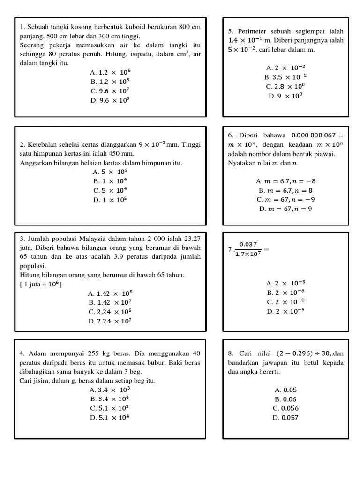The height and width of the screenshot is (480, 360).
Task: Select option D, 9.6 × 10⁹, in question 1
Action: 110,100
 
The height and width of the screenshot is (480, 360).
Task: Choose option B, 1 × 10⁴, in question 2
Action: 110,181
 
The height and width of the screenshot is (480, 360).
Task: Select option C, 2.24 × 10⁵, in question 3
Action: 110,312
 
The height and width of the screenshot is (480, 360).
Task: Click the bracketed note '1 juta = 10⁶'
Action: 41,285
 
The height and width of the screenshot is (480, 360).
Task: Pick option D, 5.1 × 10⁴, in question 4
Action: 110,417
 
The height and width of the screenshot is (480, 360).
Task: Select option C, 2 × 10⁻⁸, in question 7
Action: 285,302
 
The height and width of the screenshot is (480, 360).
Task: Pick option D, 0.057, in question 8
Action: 285,417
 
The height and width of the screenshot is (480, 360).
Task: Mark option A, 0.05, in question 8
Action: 285,390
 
